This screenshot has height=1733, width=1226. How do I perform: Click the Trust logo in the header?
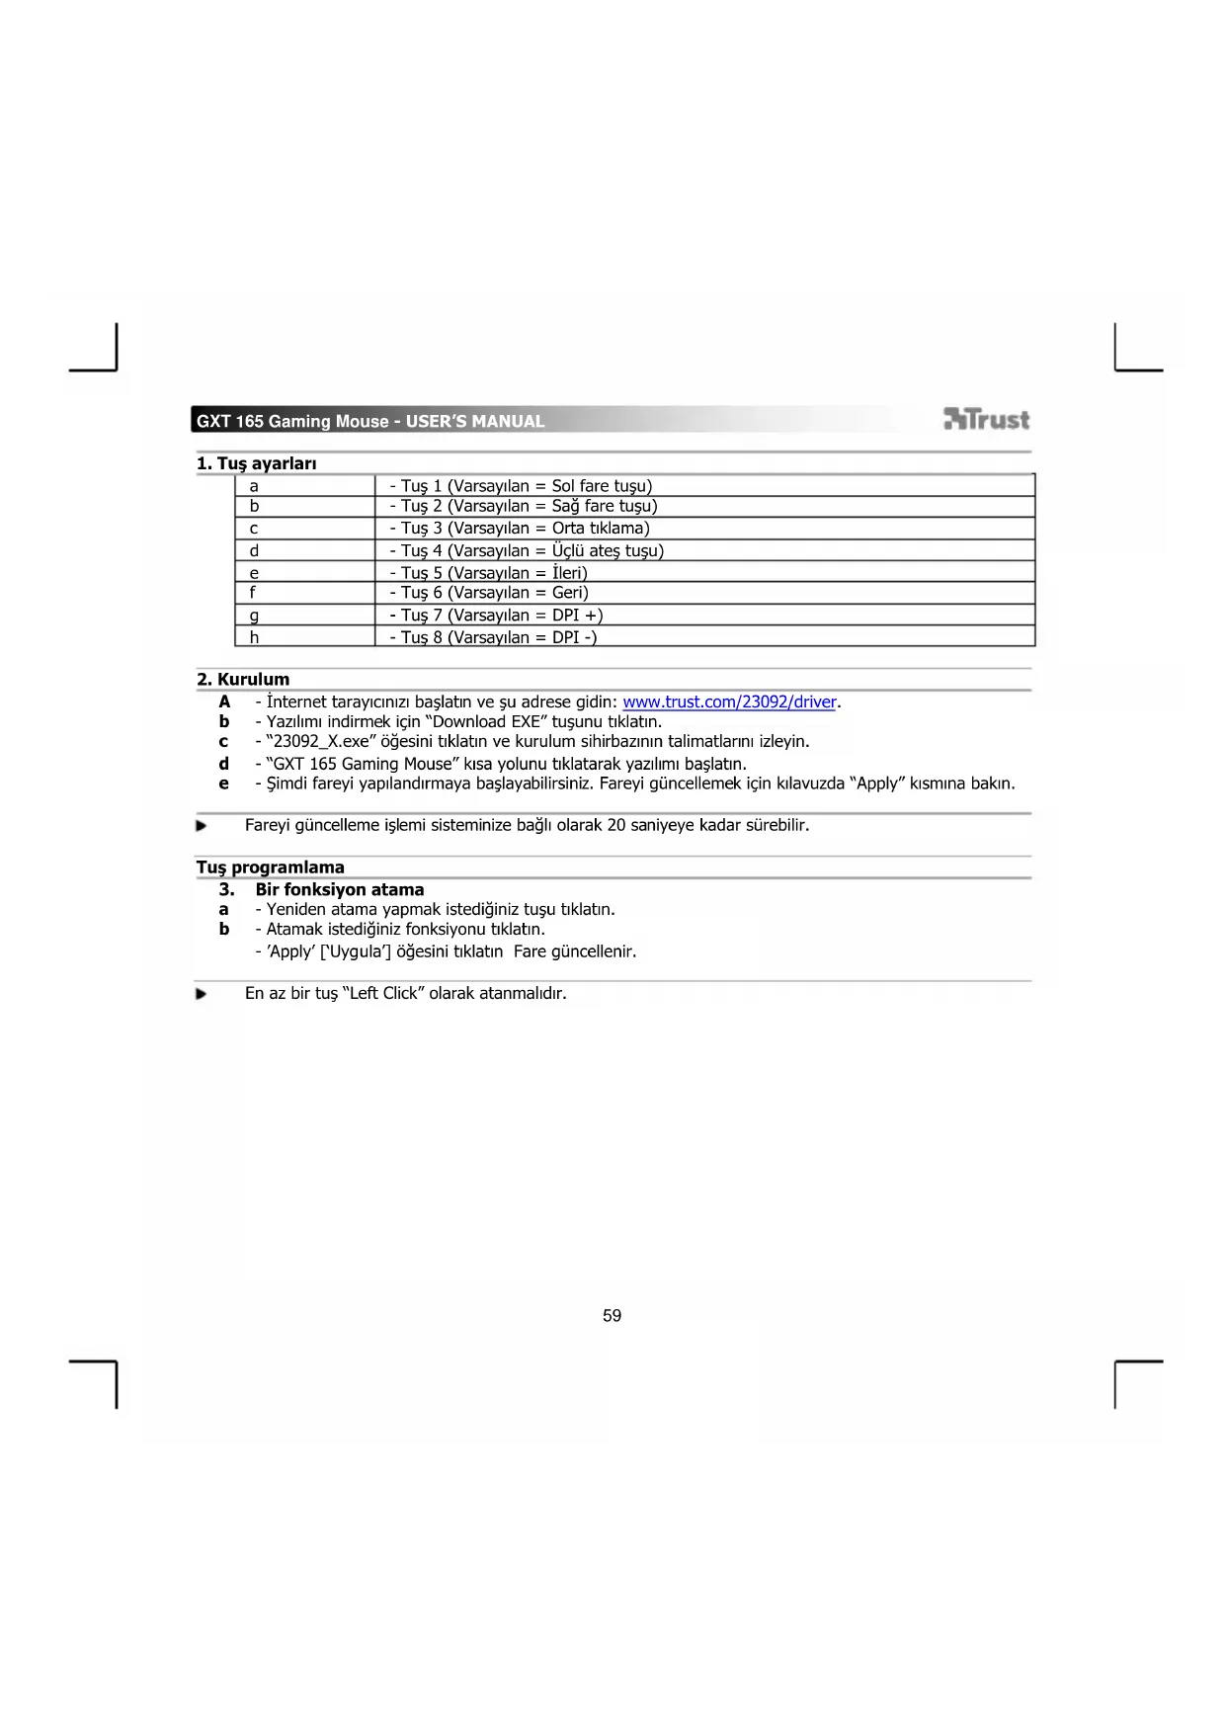point(986,420)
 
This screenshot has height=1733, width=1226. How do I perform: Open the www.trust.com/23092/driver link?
point(730,702)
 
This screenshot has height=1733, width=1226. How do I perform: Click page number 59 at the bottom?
point(612,1316)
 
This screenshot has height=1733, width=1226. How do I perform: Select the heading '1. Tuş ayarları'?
point(256,463)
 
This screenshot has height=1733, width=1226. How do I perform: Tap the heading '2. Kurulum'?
point(243,680)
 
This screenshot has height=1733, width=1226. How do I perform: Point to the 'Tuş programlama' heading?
point(270,867)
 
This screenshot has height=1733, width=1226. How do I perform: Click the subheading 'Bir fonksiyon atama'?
point(339,889)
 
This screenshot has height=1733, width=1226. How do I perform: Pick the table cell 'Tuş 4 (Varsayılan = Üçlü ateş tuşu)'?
point(527,550)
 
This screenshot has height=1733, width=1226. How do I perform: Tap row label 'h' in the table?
point(254,637)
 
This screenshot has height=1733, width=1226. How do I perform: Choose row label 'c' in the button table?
point(254,529)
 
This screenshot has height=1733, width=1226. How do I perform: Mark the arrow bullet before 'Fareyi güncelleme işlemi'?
point(202,826)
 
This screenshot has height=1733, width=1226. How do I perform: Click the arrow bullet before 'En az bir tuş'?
point(202,994)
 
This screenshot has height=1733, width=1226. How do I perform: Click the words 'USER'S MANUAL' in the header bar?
point(475,422)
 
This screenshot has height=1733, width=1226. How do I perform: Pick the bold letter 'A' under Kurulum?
point(224,702)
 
